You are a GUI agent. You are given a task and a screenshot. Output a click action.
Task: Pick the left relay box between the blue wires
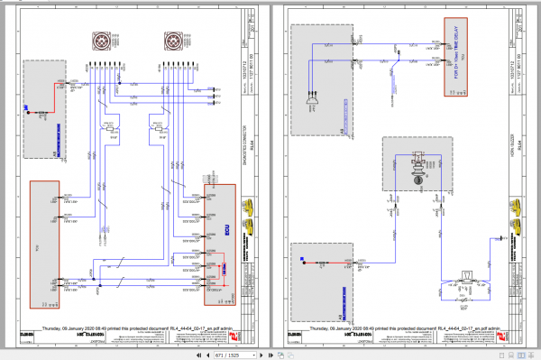tap(110, 132)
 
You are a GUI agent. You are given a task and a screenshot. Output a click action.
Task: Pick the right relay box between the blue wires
tap(159, 132)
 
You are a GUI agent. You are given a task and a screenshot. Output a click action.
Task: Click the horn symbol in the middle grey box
tap(418, 167)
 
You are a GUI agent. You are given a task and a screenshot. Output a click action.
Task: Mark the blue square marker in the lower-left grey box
tap(298, 262)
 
